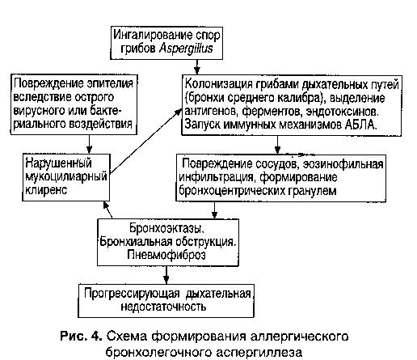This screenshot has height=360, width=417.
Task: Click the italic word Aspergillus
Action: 186,49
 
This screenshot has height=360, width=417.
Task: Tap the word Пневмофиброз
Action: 166,255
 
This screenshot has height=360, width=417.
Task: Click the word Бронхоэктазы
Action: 166,228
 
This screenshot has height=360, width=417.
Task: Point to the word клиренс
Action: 46,190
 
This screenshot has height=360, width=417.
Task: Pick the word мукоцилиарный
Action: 66,177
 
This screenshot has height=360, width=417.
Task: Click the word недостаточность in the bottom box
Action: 163,307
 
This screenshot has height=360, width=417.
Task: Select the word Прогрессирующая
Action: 132,294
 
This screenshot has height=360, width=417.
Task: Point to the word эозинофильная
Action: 343,164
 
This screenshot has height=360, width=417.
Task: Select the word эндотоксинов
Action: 342,112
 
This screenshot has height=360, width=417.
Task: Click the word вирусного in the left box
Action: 40,110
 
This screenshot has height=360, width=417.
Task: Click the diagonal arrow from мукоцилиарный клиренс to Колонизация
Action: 145,141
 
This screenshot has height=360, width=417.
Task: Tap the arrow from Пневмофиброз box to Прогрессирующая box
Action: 166,275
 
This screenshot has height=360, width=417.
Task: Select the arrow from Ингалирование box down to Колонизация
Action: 197,67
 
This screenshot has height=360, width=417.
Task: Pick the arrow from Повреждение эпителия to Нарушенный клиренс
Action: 89,144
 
